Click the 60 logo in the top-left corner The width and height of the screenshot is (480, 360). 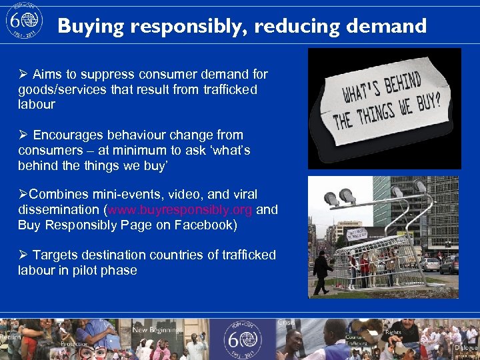click(23, 23)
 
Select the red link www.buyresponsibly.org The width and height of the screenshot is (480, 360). click(180, 210)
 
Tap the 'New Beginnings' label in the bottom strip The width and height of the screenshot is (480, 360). click(157, 330)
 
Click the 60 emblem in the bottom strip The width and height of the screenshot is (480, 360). click(243, 338)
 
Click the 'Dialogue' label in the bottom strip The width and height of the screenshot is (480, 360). click(466, 347)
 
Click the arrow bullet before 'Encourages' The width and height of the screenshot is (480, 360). click(23, 135)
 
